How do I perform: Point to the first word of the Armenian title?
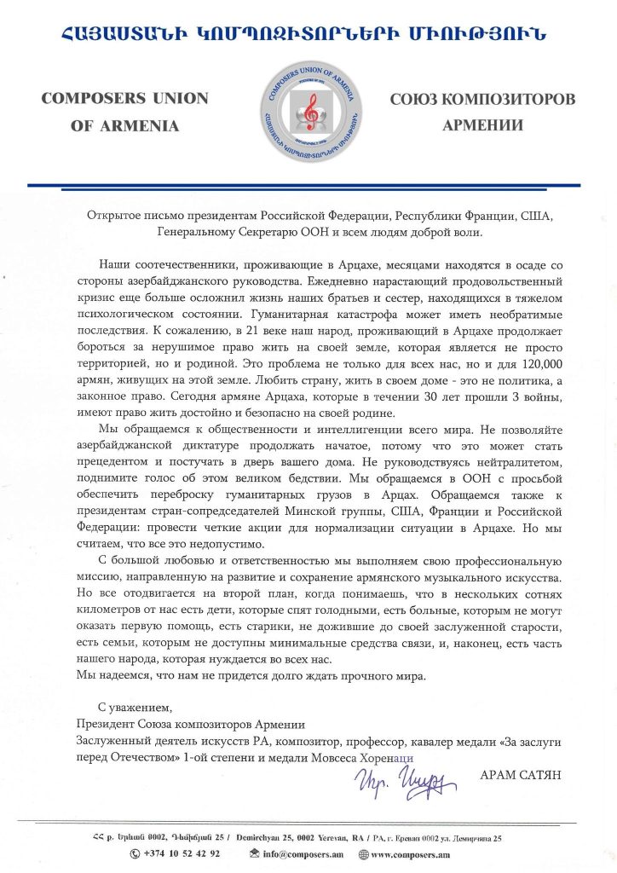pos(117,34)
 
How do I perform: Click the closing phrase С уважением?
pos(136,708)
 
